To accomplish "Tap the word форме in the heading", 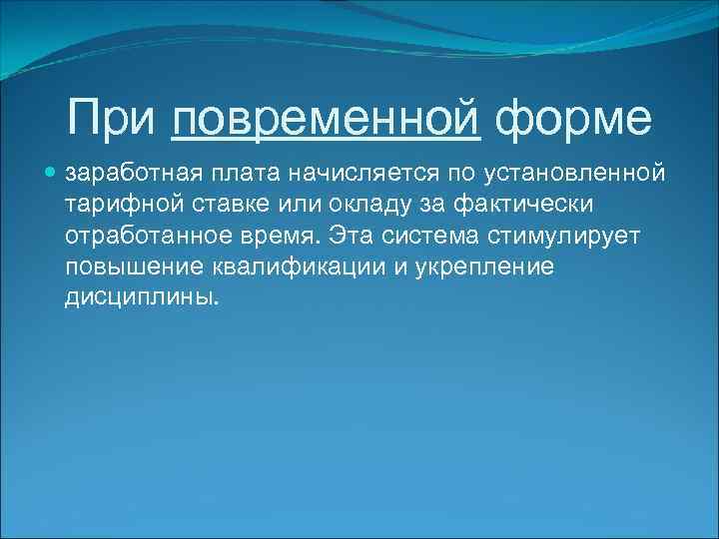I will pyautogui.click(x=573, y=119).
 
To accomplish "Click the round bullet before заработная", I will pyautogui.click(x=52, y=174).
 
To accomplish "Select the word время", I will pyautogui.click(x=281, y=237).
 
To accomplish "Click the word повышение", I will pyautogui.click(x=133, y=268).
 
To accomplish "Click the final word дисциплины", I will pyautogui.click(x=141, y=298).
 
